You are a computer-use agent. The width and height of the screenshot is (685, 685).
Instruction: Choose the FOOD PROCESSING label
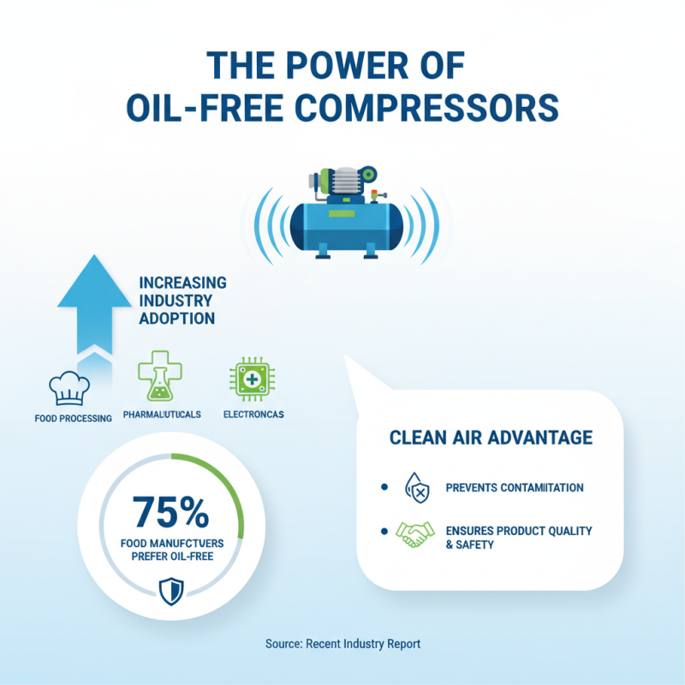pyautogui.click(x=73, y=419)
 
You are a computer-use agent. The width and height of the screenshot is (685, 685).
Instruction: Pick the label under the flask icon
pyautogui.click(x=162, y=414)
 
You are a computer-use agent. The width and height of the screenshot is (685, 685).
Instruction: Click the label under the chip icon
pyautogui.click(x=253, y=414)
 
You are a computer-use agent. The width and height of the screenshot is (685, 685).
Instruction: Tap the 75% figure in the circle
pyautogui.click(x=171, y=511)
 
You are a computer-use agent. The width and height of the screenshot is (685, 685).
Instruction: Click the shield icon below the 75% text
pyautogui.click(x=171, y=590)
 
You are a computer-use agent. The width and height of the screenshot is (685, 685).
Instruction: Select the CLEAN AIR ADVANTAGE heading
pyautogui.click(x=491, y=438)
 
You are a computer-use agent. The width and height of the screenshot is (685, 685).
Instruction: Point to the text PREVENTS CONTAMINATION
pyautogui.click(x=515, y=488)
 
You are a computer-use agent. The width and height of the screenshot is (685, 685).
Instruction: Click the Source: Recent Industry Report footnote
pyautogui.click(x=342, y=643)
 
